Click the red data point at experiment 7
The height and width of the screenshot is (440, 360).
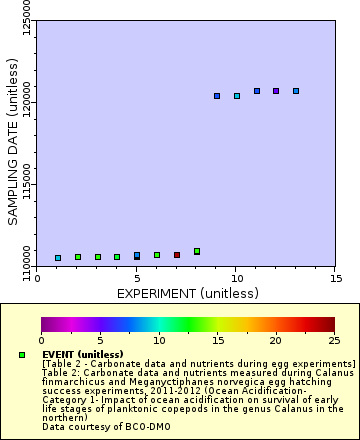(177, 255)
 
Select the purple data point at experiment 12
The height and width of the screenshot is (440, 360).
(276, 91)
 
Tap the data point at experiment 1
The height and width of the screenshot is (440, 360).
(58, 258)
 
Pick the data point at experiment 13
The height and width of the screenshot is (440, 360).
(296, 91)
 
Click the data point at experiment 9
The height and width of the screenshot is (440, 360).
(217, 96)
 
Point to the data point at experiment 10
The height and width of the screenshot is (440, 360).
(237, 96)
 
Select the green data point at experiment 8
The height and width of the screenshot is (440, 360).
(197, 251)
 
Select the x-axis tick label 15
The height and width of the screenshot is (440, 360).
(335, 279)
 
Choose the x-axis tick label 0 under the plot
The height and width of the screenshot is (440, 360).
(38, 279)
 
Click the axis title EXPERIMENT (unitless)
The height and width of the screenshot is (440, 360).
(186, 294)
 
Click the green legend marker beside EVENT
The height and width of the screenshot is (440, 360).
(22, 355)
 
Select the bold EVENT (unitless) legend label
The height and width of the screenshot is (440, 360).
(82, 354)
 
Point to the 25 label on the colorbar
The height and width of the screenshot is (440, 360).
(333, 339)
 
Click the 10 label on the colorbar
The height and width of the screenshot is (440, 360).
(158, 339)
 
